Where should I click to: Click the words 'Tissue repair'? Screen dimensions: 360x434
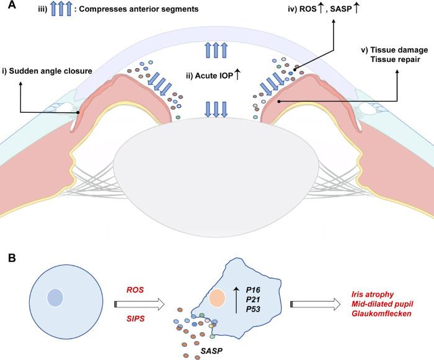click(395, 61)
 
